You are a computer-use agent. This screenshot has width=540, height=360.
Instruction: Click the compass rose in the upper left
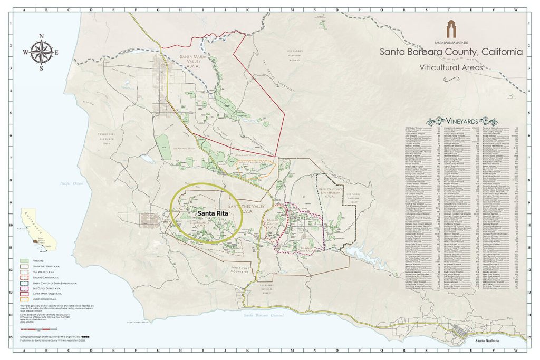[x=41, y=52]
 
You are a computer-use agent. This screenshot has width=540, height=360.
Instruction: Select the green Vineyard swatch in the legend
[x=24, y=261]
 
